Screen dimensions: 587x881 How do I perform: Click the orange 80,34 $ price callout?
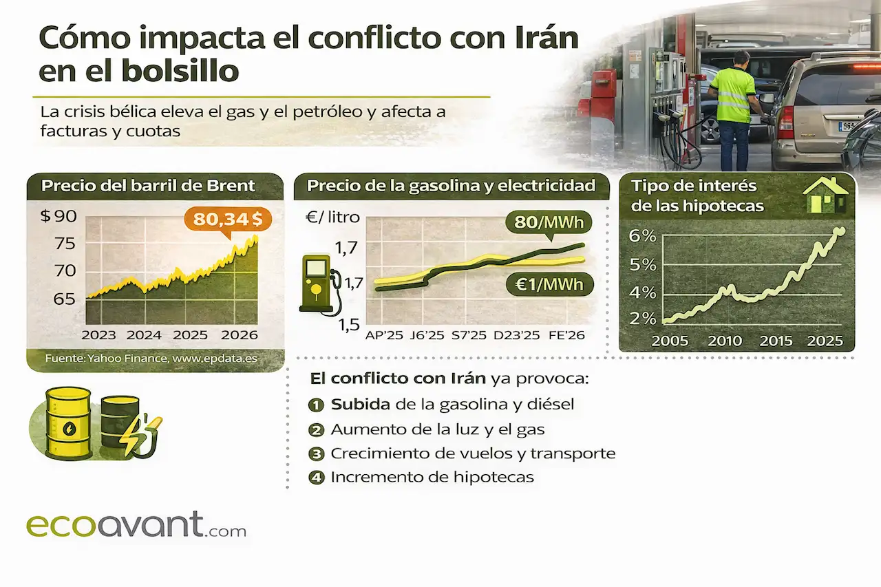tap(227, 219)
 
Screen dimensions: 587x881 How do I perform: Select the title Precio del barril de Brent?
tap(148, 186)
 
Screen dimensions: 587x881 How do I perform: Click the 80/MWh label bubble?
tap(549, 222)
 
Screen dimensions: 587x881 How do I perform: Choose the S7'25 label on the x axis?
tap(469, 335)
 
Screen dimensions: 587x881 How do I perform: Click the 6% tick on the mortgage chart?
tap(642, 236)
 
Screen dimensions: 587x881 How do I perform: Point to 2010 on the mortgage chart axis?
tap(725, 341)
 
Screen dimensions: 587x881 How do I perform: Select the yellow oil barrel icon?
tap(68, 423)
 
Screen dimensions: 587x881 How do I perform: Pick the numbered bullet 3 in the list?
tap(317, 453)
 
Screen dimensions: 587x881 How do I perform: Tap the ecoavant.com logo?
tap(136, 525)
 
